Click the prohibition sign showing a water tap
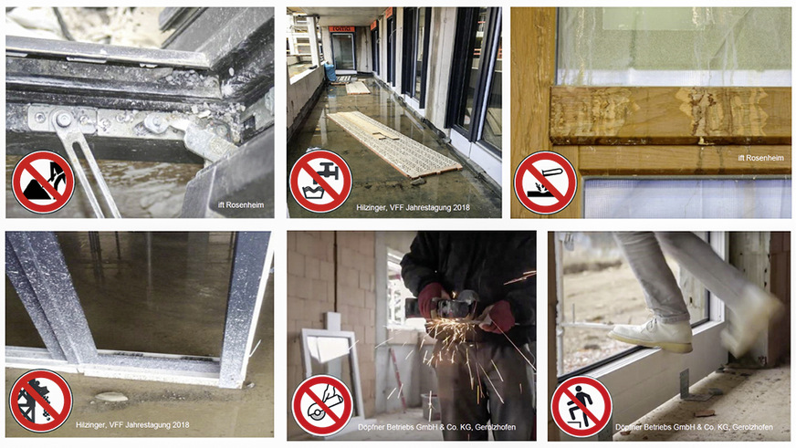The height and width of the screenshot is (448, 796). coord(320,181)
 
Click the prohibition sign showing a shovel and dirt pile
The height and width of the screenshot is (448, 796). coord(42,181)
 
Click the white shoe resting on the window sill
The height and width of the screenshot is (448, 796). coord(650,335)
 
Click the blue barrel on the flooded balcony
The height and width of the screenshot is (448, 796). coord(327,72)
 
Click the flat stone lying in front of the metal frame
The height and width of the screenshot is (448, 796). coord(111,397)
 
